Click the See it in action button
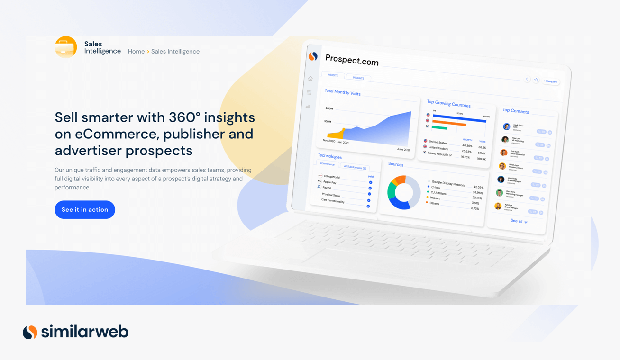(x=85, y=210)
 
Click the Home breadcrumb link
(x=136, y=52)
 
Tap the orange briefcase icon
(x=66, y=47)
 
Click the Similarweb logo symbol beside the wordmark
(x=30, y=332)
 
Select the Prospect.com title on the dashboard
(x=352, y=60)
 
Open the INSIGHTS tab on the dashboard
(x=358, y=78)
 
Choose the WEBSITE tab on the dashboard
(x=333, y=75)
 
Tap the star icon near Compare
(x=536, y=80)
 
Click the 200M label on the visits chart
(x=329, y=108)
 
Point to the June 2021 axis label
(x=403, y=150)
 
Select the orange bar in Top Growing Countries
(x=449, y=124)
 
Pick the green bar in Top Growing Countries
(x=440, y=127)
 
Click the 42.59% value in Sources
(x=478, y=187)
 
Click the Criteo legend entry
(x=435, y=188)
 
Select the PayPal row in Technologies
(x=327, y=188)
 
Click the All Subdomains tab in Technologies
(x=355, y=167)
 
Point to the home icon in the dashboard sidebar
(x=310, y=79)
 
